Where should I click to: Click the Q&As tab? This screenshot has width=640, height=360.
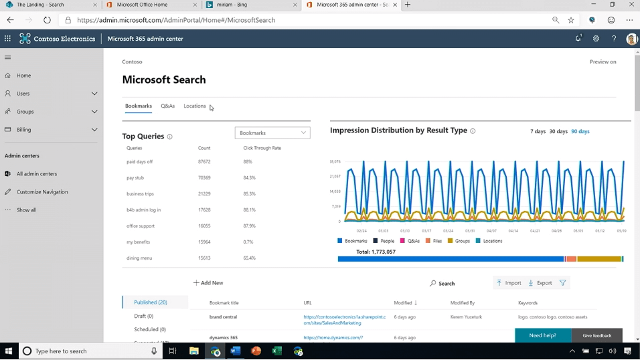(x=167, y=106)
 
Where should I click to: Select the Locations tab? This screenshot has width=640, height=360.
(x=195, y=106)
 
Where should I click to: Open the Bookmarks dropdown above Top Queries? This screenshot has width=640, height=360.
(x=272, y=133)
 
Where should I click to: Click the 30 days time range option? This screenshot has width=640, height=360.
(x=558, y=132)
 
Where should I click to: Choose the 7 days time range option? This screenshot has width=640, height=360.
(x=538, y=132)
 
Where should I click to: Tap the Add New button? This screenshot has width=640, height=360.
(x=208, y=283)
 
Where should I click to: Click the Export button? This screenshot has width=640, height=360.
(x=540, y=283)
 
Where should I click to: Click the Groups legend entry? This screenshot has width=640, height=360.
(x=459, y=241)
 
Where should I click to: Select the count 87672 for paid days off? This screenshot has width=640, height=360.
(x=204, y=162)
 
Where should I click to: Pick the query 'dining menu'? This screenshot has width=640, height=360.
(x=139, y=258)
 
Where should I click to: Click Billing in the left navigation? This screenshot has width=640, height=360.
(x=25, y=130)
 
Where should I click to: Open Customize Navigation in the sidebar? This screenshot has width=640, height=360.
(x=42, y=192)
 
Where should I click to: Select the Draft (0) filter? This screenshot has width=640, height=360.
(x=144, y=316)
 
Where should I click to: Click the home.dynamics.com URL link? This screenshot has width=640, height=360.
(x=333, y=338)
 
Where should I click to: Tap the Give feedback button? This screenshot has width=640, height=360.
(x=596, y=335)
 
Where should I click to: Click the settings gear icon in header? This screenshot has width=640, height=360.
(x=596, y=39)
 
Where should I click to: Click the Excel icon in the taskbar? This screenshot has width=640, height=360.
(x=276, y=351)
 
